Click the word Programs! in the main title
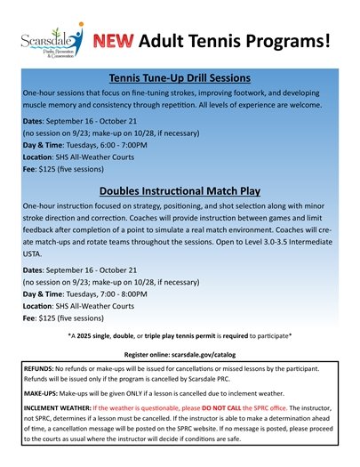288,41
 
